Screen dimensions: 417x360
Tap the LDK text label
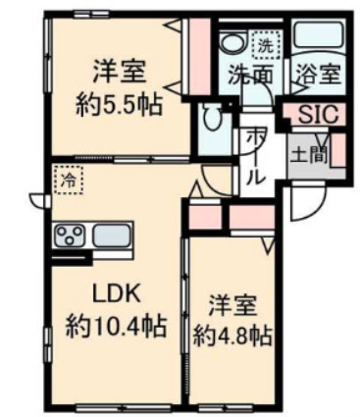point(119,292)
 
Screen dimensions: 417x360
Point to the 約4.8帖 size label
point(232,336)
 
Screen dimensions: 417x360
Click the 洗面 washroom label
point(250,75)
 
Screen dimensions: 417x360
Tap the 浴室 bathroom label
point(315,75)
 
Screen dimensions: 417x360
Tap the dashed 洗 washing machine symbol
point(264,45)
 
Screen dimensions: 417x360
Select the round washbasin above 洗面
point(232,43)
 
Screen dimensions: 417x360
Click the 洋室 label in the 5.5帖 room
point(120,71)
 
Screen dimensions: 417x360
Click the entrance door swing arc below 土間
point(305,199)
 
